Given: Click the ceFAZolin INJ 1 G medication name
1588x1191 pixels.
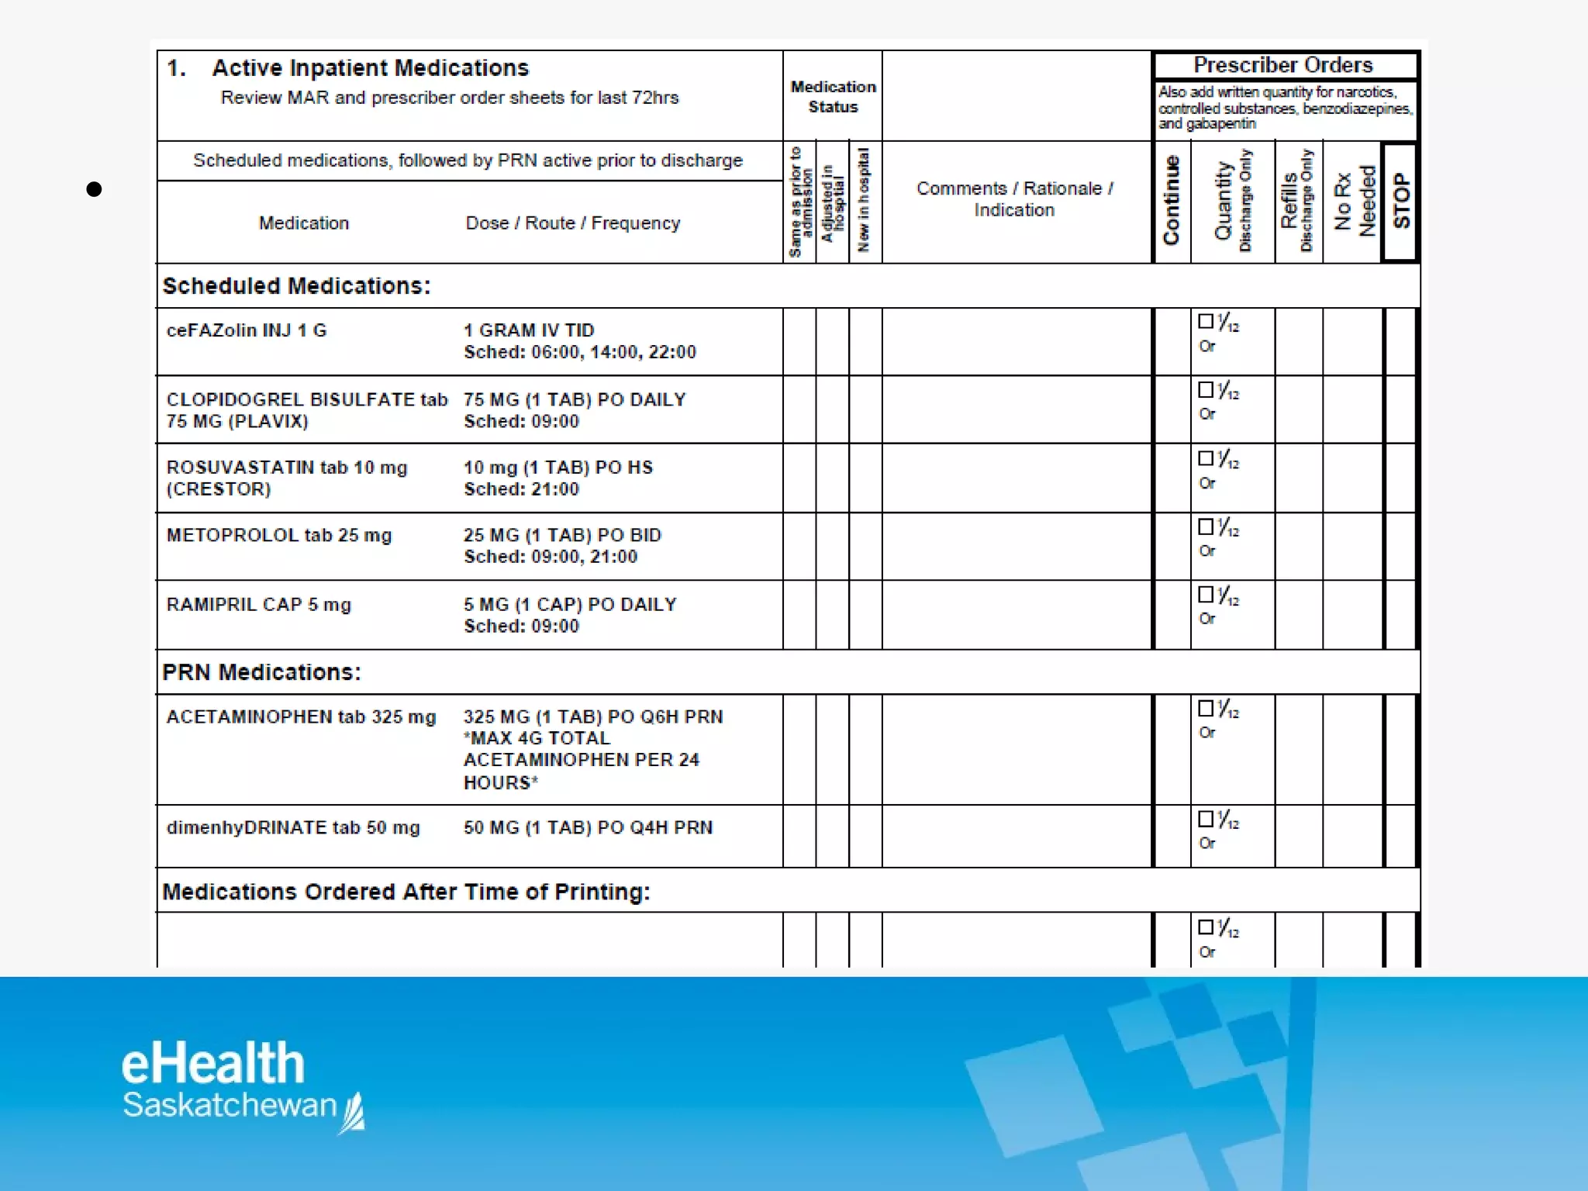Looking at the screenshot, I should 247,330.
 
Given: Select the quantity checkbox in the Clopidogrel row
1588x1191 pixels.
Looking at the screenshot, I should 1206,389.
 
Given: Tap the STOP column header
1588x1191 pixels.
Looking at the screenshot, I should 1401,201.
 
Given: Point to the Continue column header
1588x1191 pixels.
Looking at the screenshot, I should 1171,201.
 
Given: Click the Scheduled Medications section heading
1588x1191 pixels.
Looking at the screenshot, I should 296,286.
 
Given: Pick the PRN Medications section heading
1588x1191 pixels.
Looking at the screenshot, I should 261,672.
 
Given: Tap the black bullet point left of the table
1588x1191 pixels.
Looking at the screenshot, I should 95,189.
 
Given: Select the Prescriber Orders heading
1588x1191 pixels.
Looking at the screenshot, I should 1283,65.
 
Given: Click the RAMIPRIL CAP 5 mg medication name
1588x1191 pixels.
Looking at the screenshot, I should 258,605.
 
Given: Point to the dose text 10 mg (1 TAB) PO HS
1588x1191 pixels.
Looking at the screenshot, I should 558,468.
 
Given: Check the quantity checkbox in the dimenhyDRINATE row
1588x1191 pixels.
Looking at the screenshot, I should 1206,819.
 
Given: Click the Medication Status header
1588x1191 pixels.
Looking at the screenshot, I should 833,97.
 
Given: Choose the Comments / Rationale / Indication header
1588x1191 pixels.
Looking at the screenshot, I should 1014,199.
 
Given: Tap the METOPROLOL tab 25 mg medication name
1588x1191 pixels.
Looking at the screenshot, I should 279,536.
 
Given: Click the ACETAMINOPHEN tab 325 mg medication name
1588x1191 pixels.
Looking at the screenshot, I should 301,717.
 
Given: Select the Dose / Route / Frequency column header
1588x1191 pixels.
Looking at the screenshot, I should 573,223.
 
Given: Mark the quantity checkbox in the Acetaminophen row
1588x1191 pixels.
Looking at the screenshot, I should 1206,708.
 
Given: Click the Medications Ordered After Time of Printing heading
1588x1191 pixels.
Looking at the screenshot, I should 406,892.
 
